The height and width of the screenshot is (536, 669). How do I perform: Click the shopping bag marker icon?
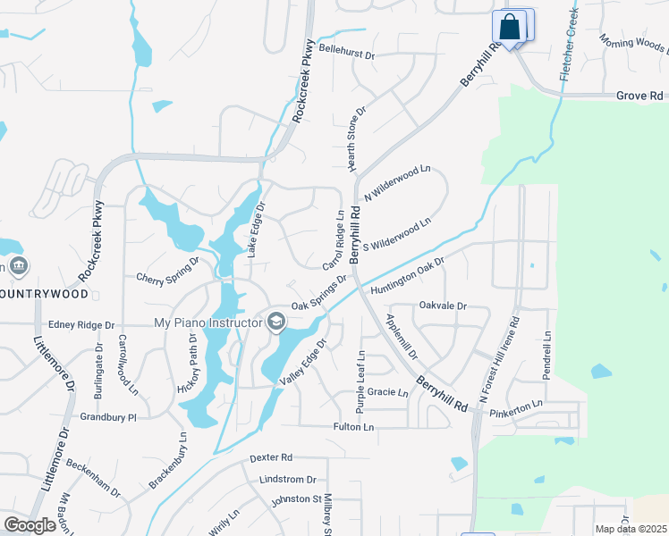[511, 27]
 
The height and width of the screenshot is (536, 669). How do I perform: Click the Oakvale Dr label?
[443, 306]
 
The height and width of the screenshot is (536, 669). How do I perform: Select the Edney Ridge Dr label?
[81, 326]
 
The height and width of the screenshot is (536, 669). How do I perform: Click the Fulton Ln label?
[353, 428]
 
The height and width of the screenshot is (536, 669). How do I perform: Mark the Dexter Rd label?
[271, 457]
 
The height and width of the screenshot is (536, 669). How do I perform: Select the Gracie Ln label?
[387, 391]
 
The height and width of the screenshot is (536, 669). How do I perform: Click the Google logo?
[30, 525]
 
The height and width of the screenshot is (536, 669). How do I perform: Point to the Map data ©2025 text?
[630, 529]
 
